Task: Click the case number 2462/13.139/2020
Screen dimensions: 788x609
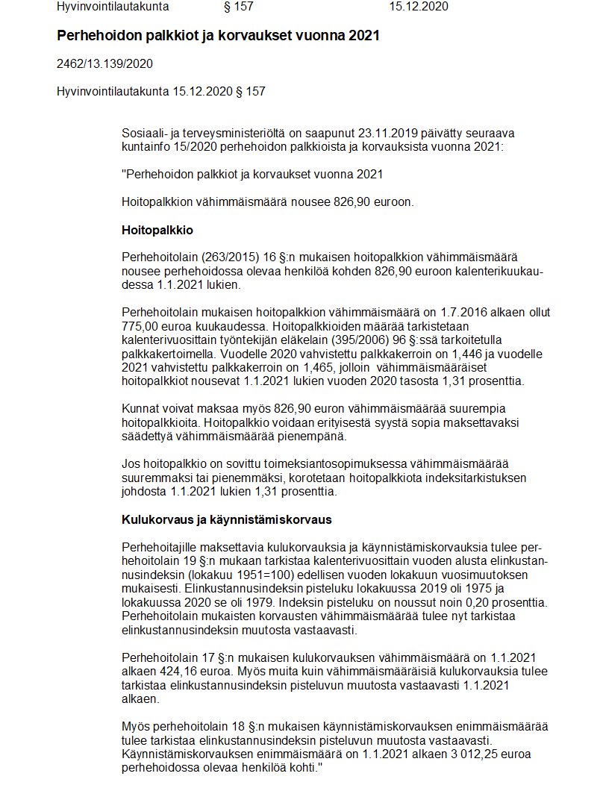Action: tap(104, 64)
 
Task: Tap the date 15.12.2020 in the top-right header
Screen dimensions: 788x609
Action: tap(419, 7)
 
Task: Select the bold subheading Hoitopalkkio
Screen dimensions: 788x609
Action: tap(157, 230)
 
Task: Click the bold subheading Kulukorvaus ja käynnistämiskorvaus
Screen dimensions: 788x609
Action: tap(226, 519)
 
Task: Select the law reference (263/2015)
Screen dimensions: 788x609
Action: tap(220, 257)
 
